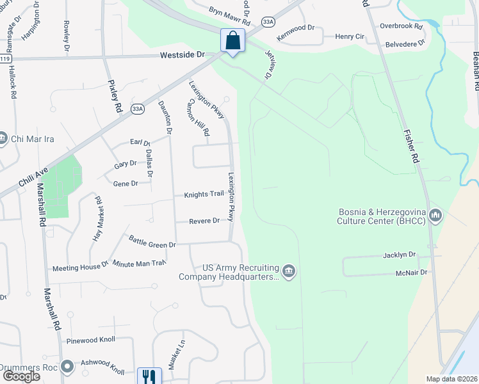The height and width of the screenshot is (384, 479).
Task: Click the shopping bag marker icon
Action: (x=232, y=40)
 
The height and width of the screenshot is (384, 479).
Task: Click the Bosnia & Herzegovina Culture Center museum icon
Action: (x=435, y=215)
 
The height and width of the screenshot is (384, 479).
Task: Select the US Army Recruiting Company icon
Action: (x=289, y=271)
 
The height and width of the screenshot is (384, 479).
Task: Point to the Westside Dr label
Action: (x=183, y=56)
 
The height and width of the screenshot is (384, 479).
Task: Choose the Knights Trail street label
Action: (x=204, y=194)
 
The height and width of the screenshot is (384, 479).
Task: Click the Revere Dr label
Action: (x=204, y=221)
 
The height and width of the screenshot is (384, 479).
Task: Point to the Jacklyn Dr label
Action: (x=400, y=254)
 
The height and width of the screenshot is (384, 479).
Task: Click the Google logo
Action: (x=21, y=376)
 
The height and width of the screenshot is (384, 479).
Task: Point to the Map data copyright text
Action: (x=452, y=379)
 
